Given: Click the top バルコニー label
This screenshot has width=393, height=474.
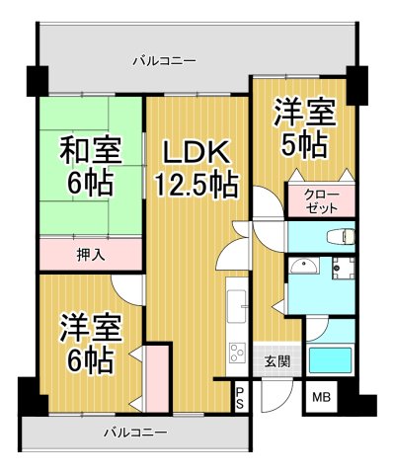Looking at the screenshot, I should click(x=164, y=61).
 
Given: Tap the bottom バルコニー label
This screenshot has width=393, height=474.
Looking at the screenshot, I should click(x=134, y=432).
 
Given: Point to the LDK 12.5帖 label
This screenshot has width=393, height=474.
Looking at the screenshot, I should click(x=196, y=168).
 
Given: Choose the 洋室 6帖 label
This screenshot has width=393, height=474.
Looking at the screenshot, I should click(x=87, y=341).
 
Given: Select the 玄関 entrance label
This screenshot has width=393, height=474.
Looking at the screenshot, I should click(x=277, y=361).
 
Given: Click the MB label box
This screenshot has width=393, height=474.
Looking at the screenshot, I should click(x=322, y=397).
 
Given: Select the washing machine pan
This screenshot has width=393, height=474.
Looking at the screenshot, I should click(x=343, y=267).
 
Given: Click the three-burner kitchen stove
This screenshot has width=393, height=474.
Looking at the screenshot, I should click(x=237, y=353).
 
